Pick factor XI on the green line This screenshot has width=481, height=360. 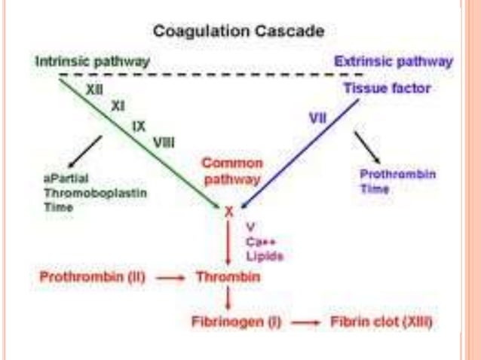[117, 106]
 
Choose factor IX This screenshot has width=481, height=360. [139, 125]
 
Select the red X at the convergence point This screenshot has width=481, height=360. [228, 212]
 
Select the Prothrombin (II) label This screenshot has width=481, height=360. [92, 277]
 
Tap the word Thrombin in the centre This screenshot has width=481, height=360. [228, 277]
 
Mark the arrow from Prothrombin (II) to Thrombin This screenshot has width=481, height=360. [173, 278]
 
